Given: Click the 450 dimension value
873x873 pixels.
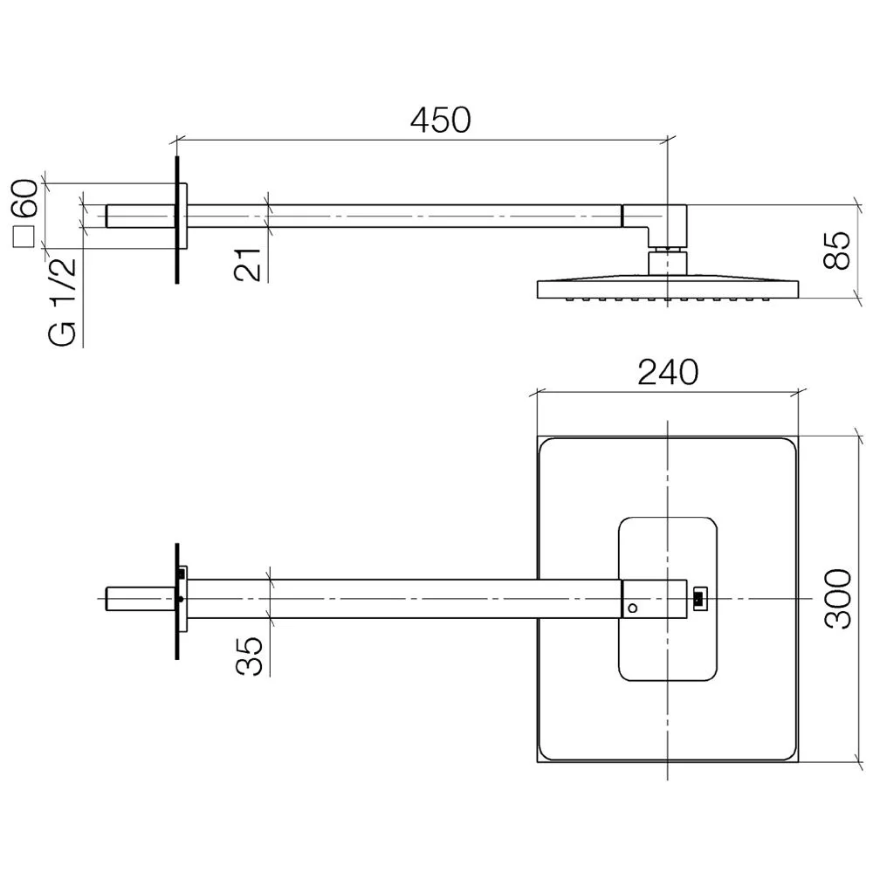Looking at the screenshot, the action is [x=440, y=120].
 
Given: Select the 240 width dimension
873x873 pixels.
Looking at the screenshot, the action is [x=668, y=372].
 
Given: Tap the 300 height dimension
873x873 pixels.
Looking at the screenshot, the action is [x=838, y=599].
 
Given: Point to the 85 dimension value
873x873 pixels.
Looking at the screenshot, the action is [x=837, y=250].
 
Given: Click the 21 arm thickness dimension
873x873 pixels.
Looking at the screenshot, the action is [x=248, y=264].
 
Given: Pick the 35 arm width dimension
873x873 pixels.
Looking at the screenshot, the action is [x=249, y=656].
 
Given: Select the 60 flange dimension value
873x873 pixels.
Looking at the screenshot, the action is [x=25, y=198].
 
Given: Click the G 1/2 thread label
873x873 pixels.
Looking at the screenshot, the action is [x=62, y=302].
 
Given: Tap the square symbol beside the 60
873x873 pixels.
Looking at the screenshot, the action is [x=24, y=236].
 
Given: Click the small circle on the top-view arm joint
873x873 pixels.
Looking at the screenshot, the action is [x=632, y=608].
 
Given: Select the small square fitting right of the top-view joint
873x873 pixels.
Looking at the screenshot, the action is [x=699, y=599].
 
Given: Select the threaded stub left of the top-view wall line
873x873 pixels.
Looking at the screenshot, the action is [x=141, y=599].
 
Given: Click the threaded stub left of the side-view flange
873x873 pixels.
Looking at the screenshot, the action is [x=141, y=216].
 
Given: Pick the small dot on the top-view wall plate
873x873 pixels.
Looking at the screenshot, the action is [x=181, y=599].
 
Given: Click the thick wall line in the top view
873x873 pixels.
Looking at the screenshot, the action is [x=177, y=601].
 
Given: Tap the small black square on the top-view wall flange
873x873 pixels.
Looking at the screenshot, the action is [x=181, y=573].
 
